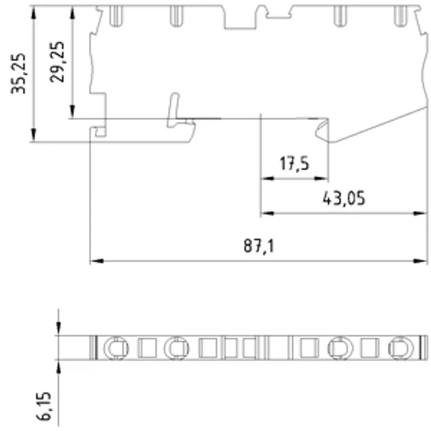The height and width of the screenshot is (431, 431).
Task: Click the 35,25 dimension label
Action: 18,74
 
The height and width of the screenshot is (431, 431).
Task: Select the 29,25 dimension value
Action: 57,62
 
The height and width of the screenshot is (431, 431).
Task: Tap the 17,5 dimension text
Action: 294,164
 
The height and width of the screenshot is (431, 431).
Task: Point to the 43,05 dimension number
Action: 344,198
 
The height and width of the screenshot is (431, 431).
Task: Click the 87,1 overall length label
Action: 259,246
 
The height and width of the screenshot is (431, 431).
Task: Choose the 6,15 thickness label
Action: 44,406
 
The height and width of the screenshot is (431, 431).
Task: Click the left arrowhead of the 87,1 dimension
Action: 97,261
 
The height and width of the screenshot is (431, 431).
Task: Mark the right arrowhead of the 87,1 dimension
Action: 421,261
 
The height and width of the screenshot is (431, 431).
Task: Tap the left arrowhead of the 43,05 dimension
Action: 267,213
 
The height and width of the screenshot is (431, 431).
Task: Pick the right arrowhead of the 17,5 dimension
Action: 321,178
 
